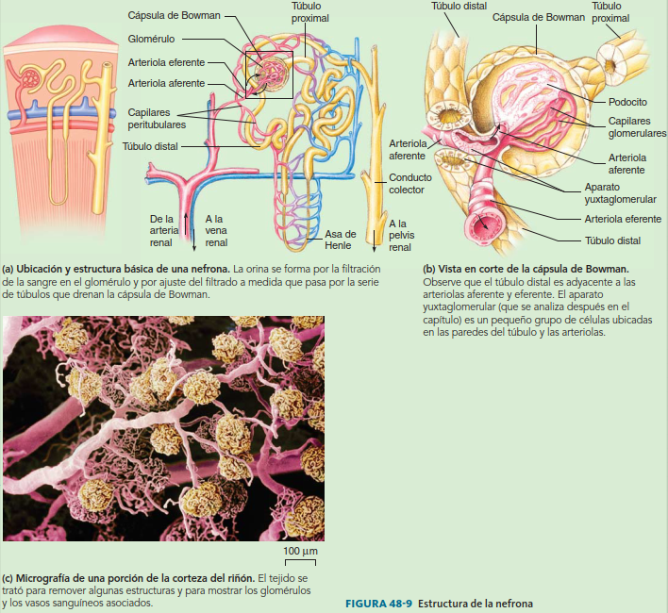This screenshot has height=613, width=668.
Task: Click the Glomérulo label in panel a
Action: pyautogui.click(x=152, y=40)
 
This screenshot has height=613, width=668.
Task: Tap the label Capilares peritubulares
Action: pyautogui.click(x=156, y=118)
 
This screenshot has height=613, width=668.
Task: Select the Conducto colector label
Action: pyautogui.click(x=410, y=183)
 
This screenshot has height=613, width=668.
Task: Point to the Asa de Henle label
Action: pyautogui.click(x=340, y=240)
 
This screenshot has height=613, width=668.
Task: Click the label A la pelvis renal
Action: pyautogui.click(x=400, y=235)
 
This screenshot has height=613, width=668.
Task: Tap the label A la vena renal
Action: pyautogui.click(x=215, y=229)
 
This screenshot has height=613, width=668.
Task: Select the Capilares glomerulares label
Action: pyautogui.click(x=637, y=127)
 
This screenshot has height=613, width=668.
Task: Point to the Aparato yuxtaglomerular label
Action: pyautogui.click(x=622, y=193)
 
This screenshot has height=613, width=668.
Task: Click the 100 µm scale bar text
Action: pyautogui.click(x=300, y=550)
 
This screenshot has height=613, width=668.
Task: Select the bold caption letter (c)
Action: pyautogui.click(x=8, y=576)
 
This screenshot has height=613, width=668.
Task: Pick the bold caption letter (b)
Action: pyautogui.click(x=429, y=268)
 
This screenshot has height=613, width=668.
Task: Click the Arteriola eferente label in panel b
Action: pyautogui.click(x=623, y=219)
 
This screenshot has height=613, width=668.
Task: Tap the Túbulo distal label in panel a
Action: pyautogui.click(x=150, y=146)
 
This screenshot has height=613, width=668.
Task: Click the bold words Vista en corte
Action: pyautogui.click(x=469, y=268)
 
